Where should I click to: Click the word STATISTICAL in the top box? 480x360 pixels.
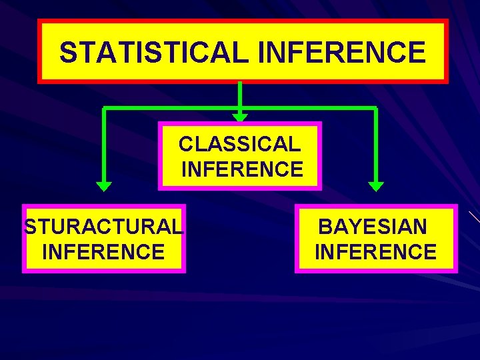153,52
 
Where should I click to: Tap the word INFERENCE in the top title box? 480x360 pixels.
341,52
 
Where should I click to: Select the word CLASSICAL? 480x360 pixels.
239,143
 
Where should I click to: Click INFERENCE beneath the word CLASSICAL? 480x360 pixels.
242,169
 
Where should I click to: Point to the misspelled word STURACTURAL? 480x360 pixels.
103,227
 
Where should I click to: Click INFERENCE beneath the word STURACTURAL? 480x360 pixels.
103,252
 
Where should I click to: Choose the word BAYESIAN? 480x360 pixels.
373,227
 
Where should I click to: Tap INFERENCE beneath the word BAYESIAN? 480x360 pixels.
375,252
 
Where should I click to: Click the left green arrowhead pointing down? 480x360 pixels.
104,186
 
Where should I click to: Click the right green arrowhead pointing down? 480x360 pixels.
376,186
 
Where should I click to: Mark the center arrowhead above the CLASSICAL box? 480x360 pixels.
240,117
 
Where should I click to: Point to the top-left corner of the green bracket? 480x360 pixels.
104,107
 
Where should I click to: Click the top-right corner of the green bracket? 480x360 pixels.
376,107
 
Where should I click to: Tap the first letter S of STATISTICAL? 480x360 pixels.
67,52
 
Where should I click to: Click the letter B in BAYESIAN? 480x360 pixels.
326,227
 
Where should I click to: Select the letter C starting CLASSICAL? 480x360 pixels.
186,143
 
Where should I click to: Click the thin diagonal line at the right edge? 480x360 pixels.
474,217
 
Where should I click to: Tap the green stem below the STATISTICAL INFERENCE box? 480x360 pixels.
240,93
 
